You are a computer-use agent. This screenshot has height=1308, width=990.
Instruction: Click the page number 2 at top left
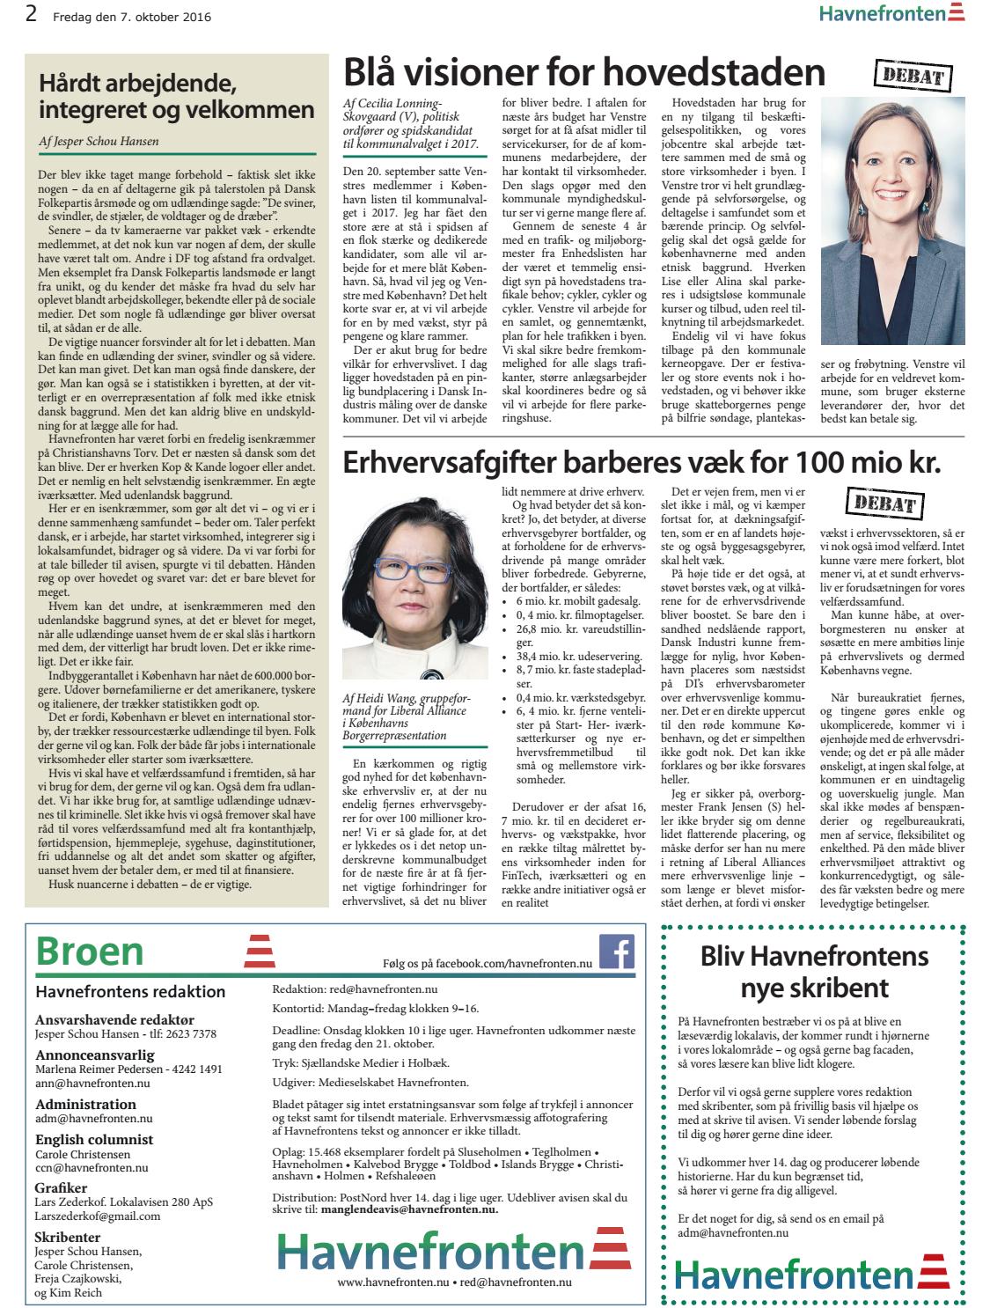(32, 15)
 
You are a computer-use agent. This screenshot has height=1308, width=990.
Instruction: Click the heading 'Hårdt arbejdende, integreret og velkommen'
(176, 98)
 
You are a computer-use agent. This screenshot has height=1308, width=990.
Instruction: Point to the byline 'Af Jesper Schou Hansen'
(99, 141)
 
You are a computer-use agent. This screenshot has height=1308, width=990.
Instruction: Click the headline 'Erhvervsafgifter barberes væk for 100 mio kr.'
(641, 461)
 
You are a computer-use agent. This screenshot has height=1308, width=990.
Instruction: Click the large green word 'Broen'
(90, 952)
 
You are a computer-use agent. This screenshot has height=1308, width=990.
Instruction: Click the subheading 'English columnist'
(94, 1139)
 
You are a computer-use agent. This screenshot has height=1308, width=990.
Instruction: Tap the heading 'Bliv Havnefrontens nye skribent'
(814, 971)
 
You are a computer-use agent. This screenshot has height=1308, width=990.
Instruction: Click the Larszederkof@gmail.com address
(98, 1216)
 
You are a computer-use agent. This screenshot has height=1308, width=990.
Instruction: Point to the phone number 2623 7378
(184, 1033)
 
